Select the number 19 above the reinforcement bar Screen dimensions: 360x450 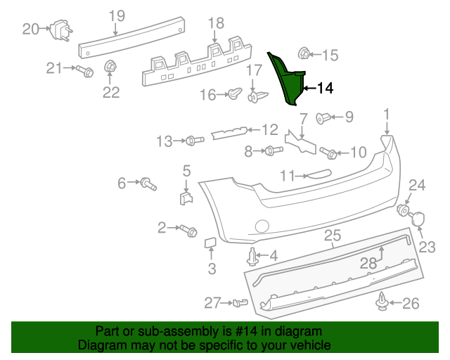[116, 15]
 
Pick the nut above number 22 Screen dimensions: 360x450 [110, 67]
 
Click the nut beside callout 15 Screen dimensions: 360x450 [304, 54]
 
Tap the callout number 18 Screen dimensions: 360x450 [214, 24]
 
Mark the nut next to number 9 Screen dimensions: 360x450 [323, 117]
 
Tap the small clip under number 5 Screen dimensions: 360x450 [186, 197]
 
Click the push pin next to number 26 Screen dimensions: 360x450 [381, 302]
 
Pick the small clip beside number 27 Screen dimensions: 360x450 [241, 303]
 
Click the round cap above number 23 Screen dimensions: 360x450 [418, 218]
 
